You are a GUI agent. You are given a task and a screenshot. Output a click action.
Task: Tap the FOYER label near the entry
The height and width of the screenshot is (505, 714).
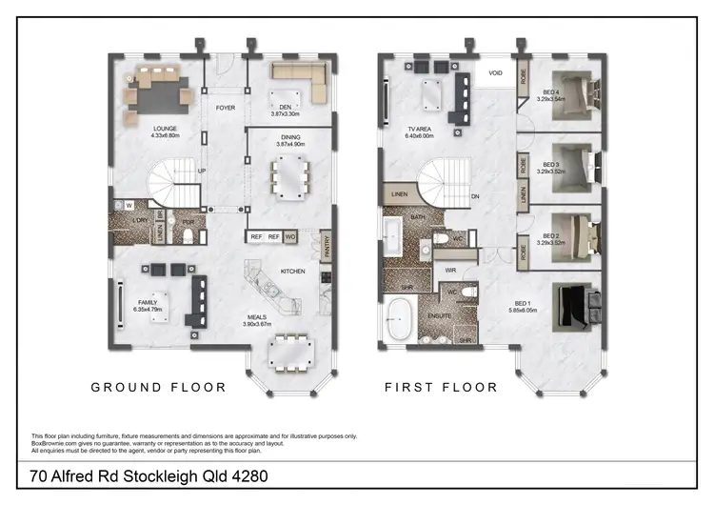pyautogui.click(x=225, y=108)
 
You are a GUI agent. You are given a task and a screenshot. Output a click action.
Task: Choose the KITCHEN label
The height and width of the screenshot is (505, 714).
pyautogui.click(x=292, y=272)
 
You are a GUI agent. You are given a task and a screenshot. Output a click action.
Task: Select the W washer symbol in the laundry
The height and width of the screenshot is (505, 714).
pyautogui.click(x=129, y=205)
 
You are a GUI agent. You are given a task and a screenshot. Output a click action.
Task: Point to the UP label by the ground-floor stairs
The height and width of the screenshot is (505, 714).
pyautogui.click(x=201, y=172)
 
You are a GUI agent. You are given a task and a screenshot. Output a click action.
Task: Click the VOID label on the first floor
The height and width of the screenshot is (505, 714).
pyautogui.click(x=495, y=72)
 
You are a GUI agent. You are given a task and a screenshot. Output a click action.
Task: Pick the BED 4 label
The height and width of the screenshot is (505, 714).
pyautogui.click(x=551, y=93)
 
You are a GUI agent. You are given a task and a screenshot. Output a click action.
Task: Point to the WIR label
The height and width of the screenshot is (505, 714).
pyautogui.click(x=450, y=271)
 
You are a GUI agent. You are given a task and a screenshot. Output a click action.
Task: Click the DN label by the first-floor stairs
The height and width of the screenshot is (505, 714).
pyautogui.click(x=475, y=197)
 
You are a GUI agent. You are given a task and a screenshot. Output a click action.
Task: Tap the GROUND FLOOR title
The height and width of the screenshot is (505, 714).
pyautogui.click(x=158, y=388)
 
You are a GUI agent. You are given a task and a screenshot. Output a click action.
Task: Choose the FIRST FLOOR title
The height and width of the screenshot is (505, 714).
pyautogui.click(x=441, y=388)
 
